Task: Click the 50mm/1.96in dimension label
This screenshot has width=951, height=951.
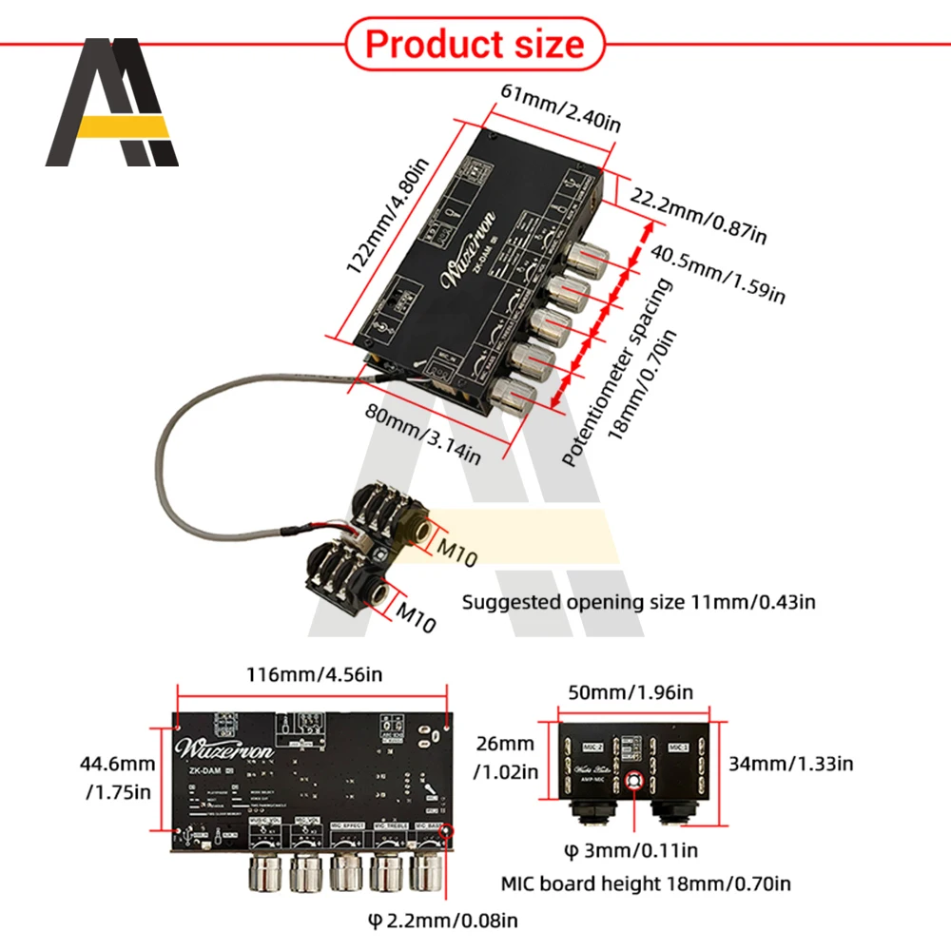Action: (631, 692)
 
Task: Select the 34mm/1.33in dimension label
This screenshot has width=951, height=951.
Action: (791, 763)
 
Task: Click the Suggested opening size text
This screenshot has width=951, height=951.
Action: (638, 601)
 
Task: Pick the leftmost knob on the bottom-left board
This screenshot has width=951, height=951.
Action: (267, 871)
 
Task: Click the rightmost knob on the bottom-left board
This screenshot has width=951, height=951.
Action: (428, 871)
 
